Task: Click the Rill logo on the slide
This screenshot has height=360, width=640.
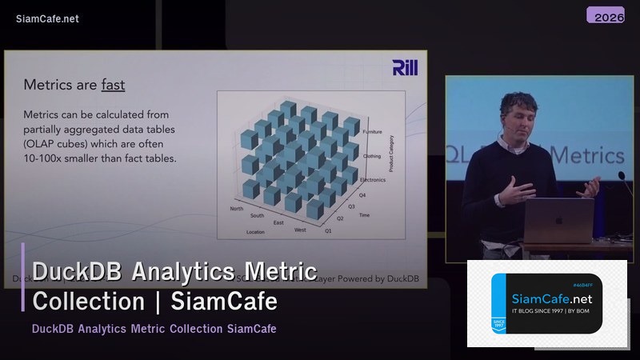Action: point(405,68)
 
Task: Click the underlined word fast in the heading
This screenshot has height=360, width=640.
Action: point(113,84)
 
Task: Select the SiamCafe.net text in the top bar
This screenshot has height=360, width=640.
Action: point(47,18)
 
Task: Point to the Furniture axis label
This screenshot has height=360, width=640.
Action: point(372,131)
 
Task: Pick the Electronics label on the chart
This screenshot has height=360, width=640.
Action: point(373,180)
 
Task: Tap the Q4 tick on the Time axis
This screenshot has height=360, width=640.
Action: point(363,194)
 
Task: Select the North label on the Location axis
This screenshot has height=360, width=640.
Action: point(237,209)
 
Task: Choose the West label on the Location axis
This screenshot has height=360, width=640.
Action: point(299,230)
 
